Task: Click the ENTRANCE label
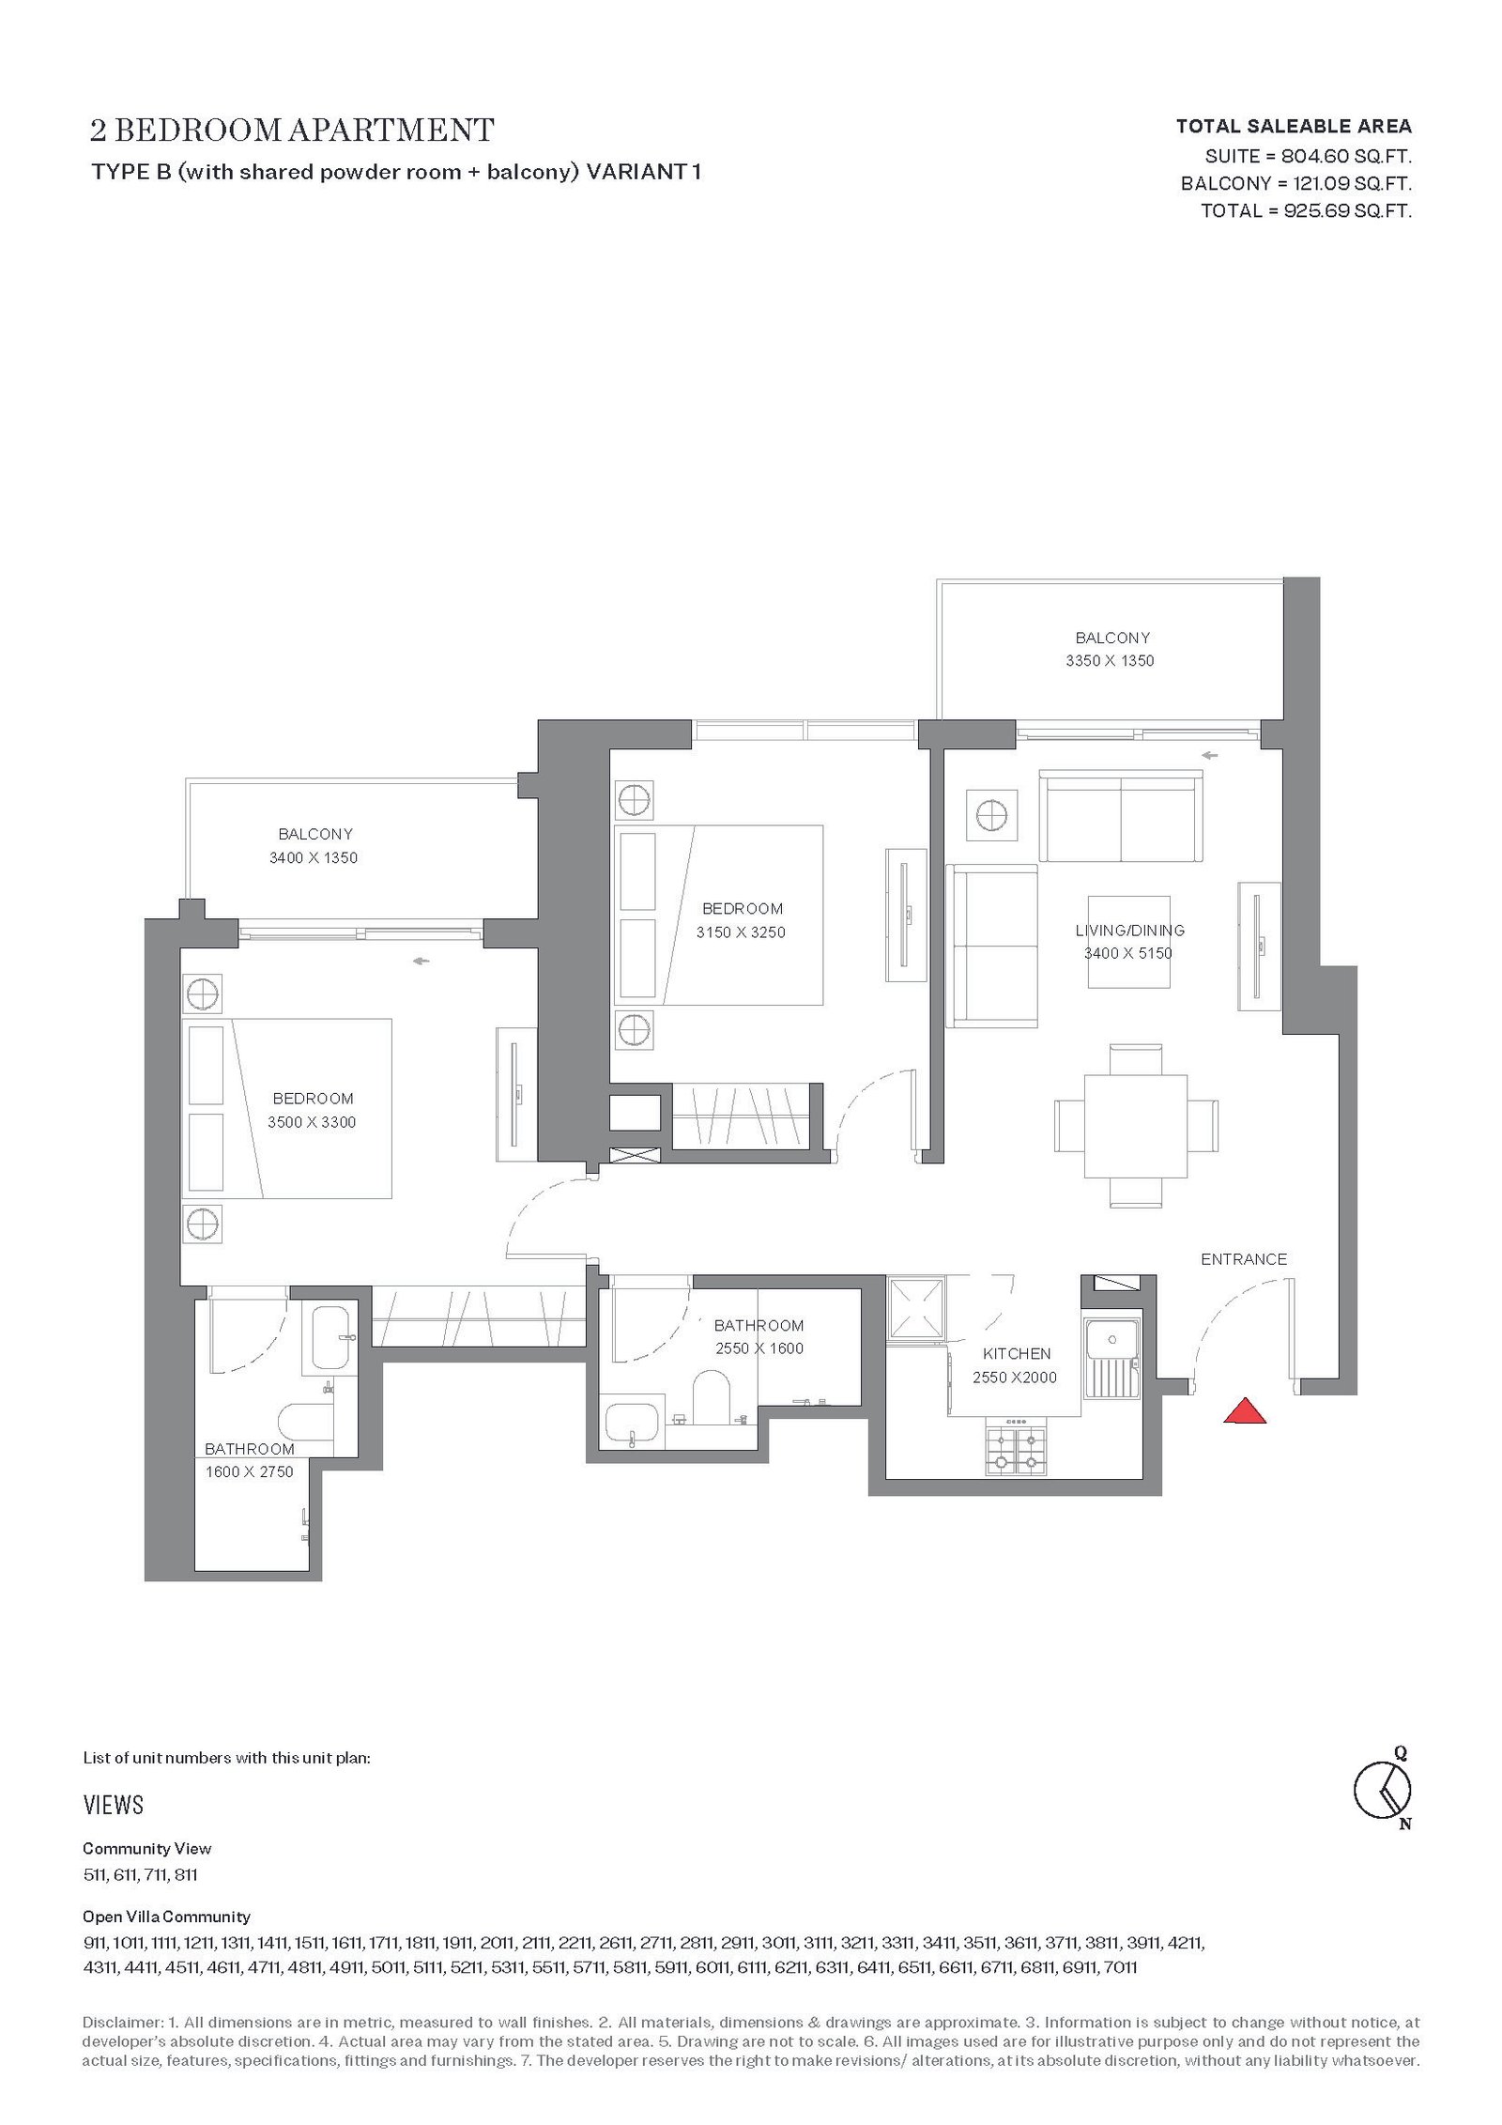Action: [1244, 1259]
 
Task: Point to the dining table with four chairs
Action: [1136, 1125]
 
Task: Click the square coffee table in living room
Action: [1129, 942]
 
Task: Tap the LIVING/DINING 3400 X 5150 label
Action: [1129, 942]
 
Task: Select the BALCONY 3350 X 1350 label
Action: [1111, 649]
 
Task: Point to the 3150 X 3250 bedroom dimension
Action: [741, 932]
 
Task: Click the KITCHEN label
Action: [1017, 1354]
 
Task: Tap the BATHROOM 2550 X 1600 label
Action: [759, 1337]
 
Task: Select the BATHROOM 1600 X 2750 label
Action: [250, 1460]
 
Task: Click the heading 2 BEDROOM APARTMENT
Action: [292, 130]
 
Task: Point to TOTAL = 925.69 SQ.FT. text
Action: [1306, 210]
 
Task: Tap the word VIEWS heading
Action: [113, 1805]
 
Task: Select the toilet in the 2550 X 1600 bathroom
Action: [712, 1397]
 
